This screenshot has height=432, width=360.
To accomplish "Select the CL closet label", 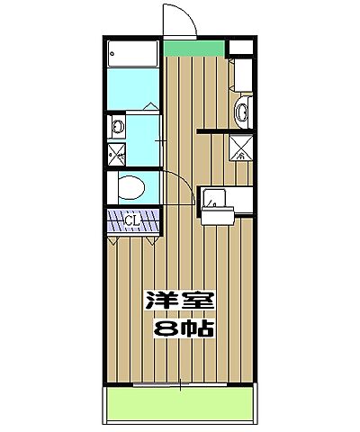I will coord(130,219).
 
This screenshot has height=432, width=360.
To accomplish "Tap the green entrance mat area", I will coord(193,48).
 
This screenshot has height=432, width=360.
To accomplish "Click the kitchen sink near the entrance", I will coord(242,112).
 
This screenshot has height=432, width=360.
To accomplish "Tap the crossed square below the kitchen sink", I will coord(241,148).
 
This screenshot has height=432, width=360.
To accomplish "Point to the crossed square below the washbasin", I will coord(116,153).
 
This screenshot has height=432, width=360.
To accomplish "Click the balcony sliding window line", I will coord(180,385).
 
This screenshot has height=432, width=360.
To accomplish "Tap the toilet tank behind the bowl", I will coord(112,188).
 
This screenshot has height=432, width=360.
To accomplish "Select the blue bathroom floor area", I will coord(133,90).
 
